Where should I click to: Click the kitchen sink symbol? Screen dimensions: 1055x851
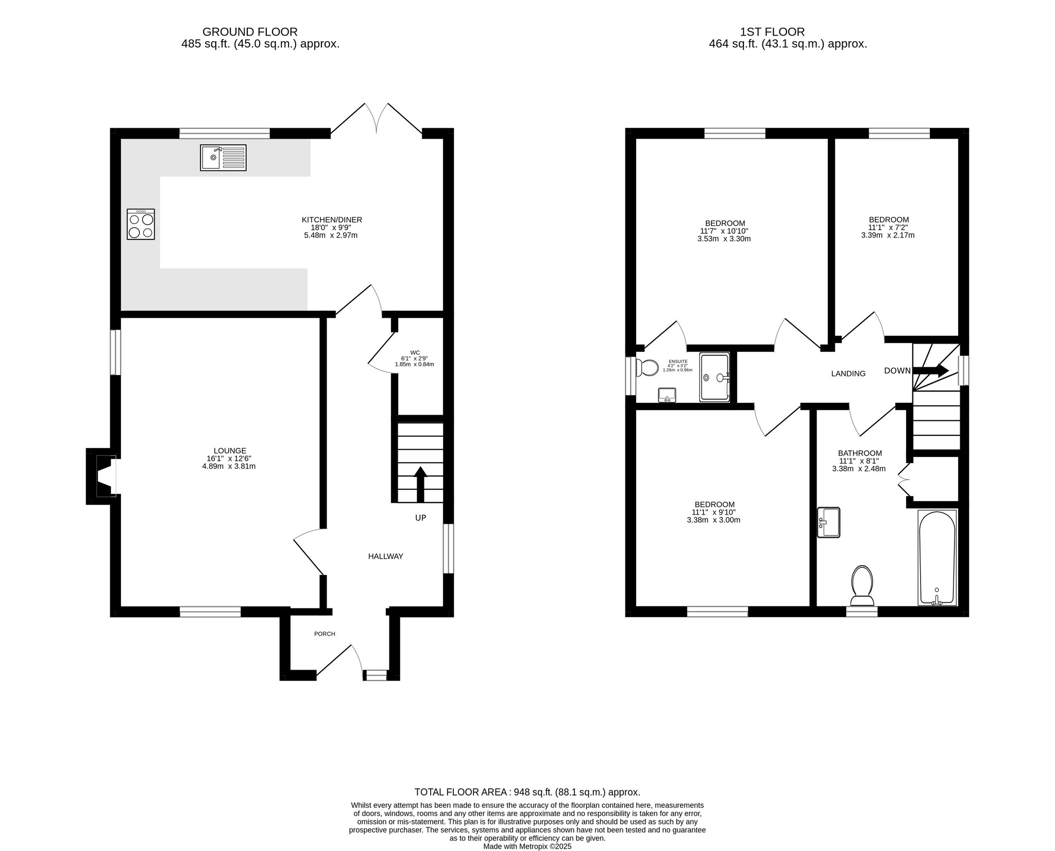click(224, 158)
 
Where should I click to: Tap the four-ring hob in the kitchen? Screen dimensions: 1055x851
click(141, 224)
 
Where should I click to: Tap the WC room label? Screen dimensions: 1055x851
click(415, 352)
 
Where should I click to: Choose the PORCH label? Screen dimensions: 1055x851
click(325, 634)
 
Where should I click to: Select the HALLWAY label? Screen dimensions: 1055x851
click(385, 556)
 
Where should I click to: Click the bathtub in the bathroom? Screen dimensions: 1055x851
click(937, 557)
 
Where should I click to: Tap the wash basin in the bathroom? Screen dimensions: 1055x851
click(828, 522)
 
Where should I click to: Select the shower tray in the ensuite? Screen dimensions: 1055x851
click(714, 377)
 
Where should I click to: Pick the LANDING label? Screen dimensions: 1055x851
click(848, 373)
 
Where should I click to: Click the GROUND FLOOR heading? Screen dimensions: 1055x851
click(250, 32)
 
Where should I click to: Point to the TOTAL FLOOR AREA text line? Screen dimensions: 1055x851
click(527, 792)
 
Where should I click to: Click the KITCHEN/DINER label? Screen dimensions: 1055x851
click(332, 220)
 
